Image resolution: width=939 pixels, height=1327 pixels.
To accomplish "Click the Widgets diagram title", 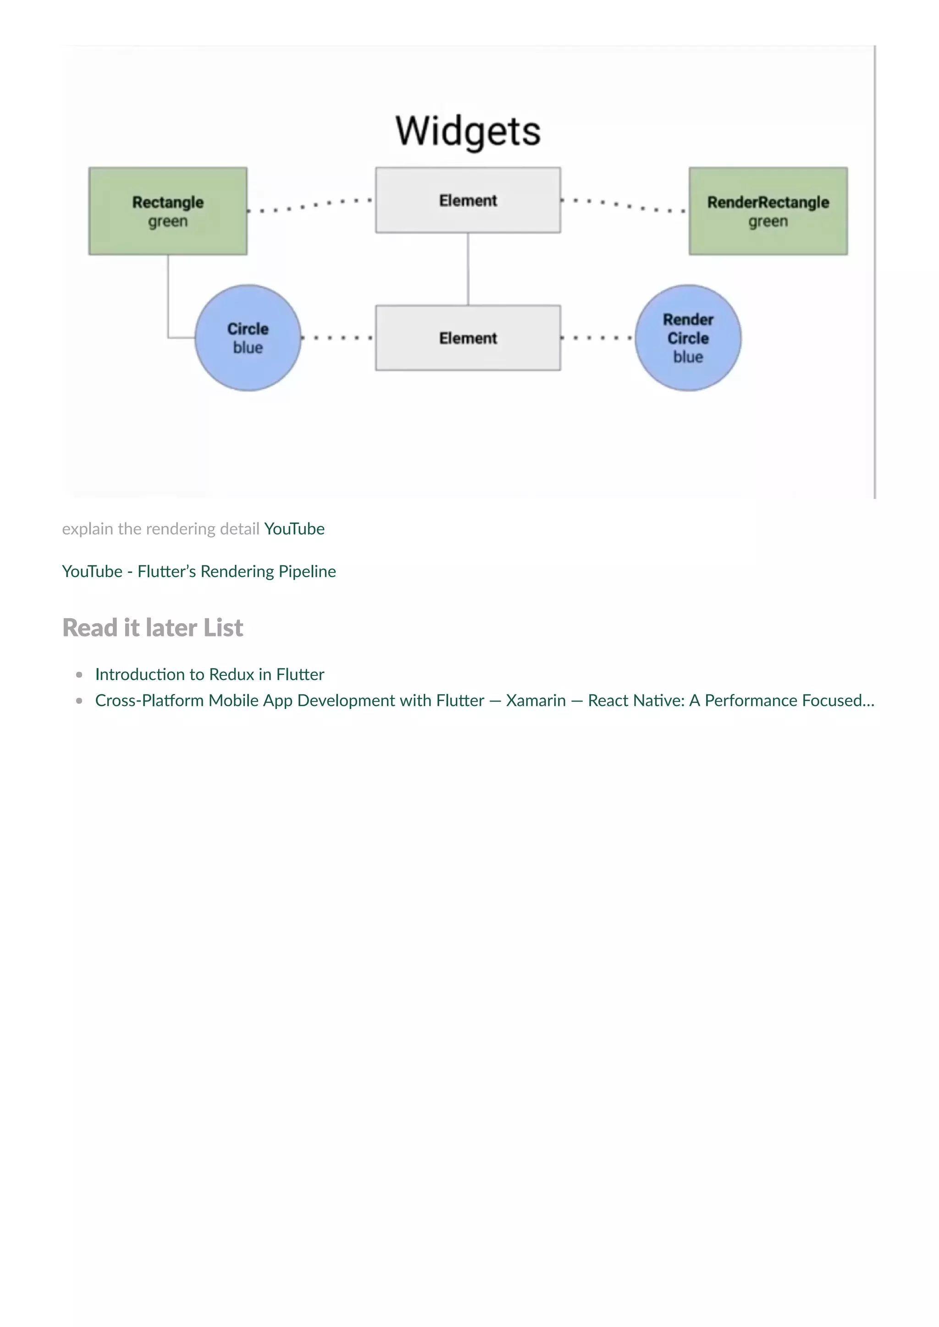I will pyautogui.click(x=468, y=131).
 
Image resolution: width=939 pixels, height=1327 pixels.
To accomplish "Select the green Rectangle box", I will pyautogui.click(x=168, y=210).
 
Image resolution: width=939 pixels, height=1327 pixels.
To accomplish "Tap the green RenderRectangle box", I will pyautogui.click(x=768, y=210).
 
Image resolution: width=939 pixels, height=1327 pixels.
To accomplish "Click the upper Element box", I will pyautogui.click(x=468, y=200).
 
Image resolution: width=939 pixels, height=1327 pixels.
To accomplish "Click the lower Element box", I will pyautogui.click(x=468, y=338).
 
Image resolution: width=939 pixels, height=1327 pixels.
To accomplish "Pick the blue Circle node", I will pyautogui.click(x=248, y=338).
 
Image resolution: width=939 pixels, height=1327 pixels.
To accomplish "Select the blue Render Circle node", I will pyautogui.click(x=688, y=338).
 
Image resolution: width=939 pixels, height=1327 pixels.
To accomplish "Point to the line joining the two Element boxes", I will pyautogui.click(x=468, y=269).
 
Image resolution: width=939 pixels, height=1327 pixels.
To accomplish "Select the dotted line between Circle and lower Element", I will pyautogui.click(x=337, y=338).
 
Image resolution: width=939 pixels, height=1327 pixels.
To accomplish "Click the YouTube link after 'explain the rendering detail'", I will pyautogui.click(x=294, y=529).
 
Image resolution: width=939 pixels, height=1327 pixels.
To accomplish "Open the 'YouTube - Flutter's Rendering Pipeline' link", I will pyautogui.click(x=199, y=571).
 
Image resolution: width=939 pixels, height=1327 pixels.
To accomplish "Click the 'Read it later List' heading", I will pyautogui.click(x=153, y=628).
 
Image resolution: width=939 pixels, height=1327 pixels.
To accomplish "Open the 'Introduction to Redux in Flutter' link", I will pyautogui.click(x=210, y=674).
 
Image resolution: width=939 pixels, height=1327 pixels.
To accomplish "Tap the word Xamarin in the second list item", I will pyautogui.click(x=536, y=701).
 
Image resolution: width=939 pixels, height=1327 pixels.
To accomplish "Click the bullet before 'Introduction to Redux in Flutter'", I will pyautogui.click(x=79, y=674).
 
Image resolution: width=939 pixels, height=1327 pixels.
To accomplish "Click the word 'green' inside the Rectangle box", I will pyautogui.click(x=168, y=221).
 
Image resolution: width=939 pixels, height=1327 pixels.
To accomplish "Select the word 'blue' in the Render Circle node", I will pyautogui.click(x=688, y=357).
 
